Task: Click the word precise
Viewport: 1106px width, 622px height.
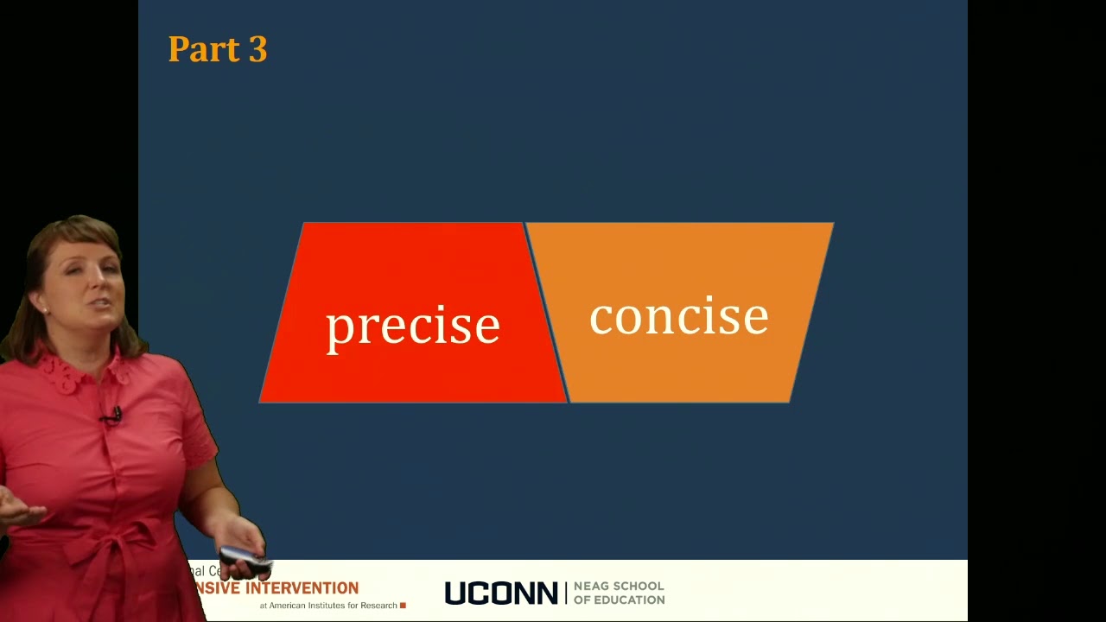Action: pos(412,327)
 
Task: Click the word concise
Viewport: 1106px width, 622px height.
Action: pos(678,317)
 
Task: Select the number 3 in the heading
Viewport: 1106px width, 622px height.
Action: pos(257,50)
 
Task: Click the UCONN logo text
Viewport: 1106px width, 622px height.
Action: pos(501,593)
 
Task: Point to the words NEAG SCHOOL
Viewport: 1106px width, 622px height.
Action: pos(619,587)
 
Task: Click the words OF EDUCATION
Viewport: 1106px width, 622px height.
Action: pos(619,600)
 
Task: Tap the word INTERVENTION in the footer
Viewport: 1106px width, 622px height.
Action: pos(302,588)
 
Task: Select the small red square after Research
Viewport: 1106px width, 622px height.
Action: pos(403,606)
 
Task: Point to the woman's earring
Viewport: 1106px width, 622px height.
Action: pos(45,308)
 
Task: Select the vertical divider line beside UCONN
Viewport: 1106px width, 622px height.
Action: pos(566,593)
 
